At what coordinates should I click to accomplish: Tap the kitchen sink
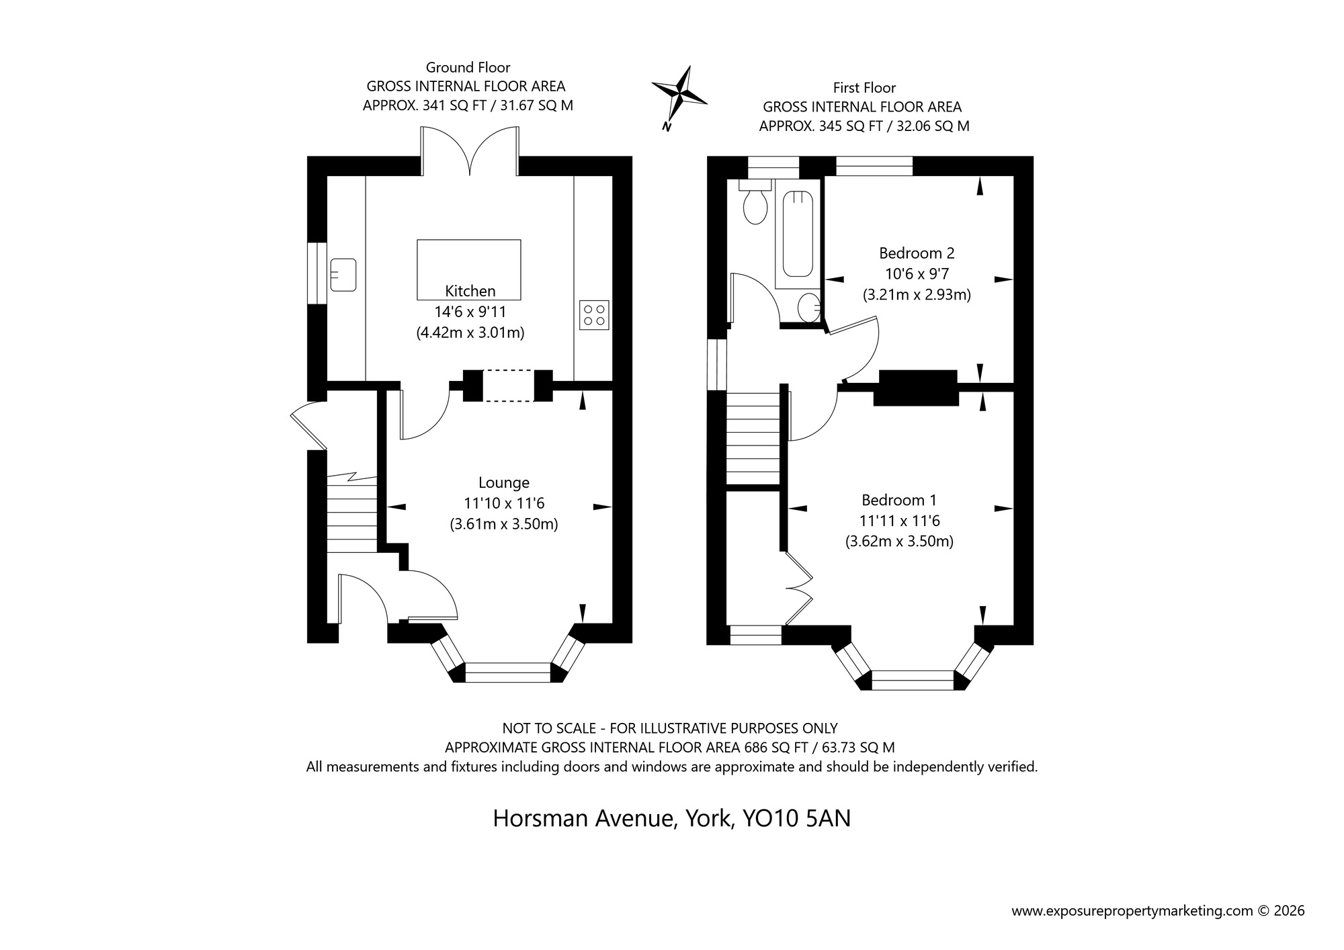click(343, 275)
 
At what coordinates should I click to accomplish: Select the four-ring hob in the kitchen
click(594, 315)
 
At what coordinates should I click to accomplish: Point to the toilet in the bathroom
click(755, 204)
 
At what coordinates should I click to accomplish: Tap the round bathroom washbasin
click(808, 310)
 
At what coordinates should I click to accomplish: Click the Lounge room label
click(503, 482)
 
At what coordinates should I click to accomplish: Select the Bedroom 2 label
click(917, 253)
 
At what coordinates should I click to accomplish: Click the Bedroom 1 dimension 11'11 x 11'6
click(899, 521)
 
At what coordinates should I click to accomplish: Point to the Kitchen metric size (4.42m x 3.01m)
click(470, 333)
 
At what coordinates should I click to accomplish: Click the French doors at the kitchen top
click(470, 151)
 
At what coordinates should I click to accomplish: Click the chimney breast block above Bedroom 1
click(915, 388)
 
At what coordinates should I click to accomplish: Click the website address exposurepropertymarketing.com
click(1132, 911)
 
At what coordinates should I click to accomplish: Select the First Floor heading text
click(864, 87)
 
